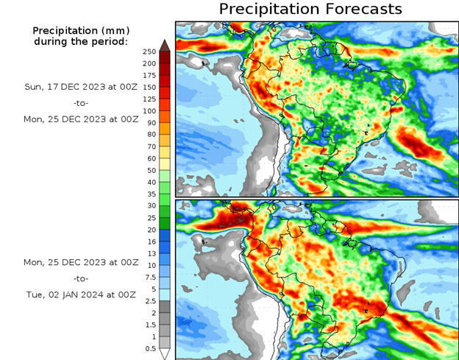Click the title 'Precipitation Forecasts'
[x=310, y=9]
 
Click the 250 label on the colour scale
[x=149, y=52]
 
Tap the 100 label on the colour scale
[x=149, y=110]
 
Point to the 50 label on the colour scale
[x=151, y=170]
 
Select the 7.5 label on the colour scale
[x=149, y=277]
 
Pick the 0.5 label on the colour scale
[x=149, y=348]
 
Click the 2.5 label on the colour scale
[x=149, y=300]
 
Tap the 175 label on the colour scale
[x=149, y=75]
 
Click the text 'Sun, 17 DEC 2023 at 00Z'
[x=81, y=86]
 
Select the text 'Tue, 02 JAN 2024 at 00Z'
[x=81, y=294]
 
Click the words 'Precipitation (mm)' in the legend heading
[x=81, y=30]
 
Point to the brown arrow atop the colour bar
[x=166, y=46]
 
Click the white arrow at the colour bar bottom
[x=166, y=354]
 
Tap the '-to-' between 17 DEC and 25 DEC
[x=81, y=102]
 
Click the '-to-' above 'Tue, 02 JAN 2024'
[x=81, y=278]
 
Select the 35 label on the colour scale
[x=151, y=194]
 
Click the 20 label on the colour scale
[x=151, y=229]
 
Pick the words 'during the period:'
[x=81, y=41]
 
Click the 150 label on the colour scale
[x=149, y=87]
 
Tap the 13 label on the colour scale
[x=151, y=253]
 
